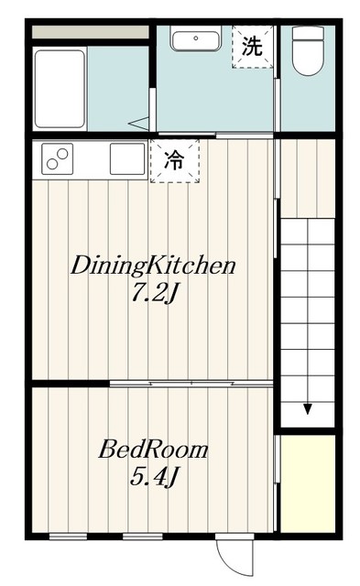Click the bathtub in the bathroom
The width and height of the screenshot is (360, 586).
(60, 89)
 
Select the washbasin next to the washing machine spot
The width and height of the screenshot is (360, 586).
(194, 41)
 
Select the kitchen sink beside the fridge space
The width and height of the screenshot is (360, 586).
(126, 158)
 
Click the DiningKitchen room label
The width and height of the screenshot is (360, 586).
(154, 266)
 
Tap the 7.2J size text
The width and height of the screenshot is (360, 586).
(153, 296)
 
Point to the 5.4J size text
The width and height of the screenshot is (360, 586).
(153, 478)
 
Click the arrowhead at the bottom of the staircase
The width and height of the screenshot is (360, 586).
(308, 408)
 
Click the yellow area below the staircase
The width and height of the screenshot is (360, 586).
(307, 481)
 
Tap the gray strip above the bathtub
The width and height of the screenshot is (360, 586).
(90, 32)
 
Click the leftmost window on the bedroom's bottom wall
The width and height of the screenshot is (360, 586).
(67, 535)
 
